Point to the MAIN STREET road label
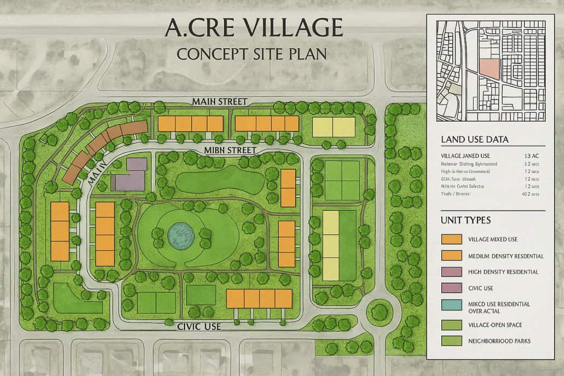click(220, 101)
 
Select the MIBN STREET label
click(229, 149)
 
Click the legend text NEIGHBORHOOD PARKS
click(499, 341)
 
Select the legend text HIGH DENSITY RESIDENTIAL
click(503, 272)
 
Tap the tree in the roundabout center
click(379, 313)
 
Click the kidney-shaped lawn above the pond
click(216, 178)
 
